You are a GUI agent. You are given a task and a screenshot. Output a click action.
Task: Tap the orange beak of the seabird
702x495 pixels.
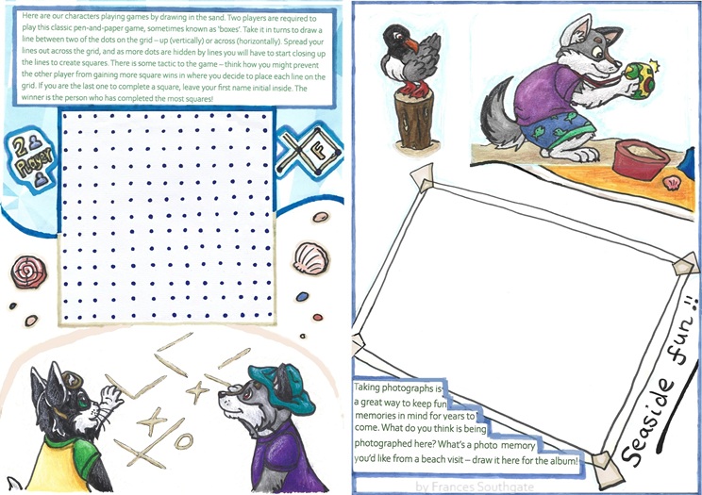pyautogui.click(x=411, y=45)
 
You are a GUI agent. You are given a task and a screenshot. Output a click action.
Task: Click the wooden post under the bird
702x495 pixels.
pyautogui.click(x=414, y=119)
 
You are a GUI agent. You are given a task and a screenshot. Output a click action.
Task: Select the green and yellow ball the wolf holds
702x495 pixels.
pyautogui.click(x=641, y=78)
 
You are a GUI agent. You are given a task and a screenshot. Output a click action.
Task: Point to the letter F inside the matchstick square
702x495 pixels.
pyautogui.click(x=320, y=151)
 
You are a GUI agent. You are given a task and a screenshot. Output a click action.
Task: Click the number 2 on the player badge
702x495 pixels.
pyautogui.click(x=19, y=147)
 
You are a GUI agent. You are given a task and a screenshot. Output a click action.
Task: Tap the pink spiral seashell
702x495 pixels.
pyautogui.click(x=28, y=272)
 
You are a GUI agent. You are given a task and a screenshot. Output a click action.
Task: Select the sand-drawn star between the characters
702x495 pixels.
pyautogui.click(x=197, y=391)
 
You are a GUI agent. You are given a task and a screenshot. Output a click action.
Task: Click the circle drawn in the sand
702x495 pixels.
pyautogui.click(x=184, y=441)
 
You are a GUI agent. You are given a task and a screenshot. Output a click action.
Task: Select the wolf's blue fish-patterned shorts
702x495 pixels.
pyautogui.click(x=559, y=128)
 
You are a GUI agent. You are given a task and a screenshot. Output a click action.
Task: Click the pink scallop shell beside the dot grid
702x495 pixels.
pyautogui.click(x=311, y=257)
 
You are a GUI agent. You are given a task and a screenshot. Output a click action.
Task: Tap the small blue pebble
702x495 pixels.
pyautogui.click(x=303, y=296)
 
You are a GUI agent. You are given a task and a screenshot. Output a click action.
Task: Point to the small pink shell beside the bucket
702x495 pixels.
pyautogui.click(x=672, y=184)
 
